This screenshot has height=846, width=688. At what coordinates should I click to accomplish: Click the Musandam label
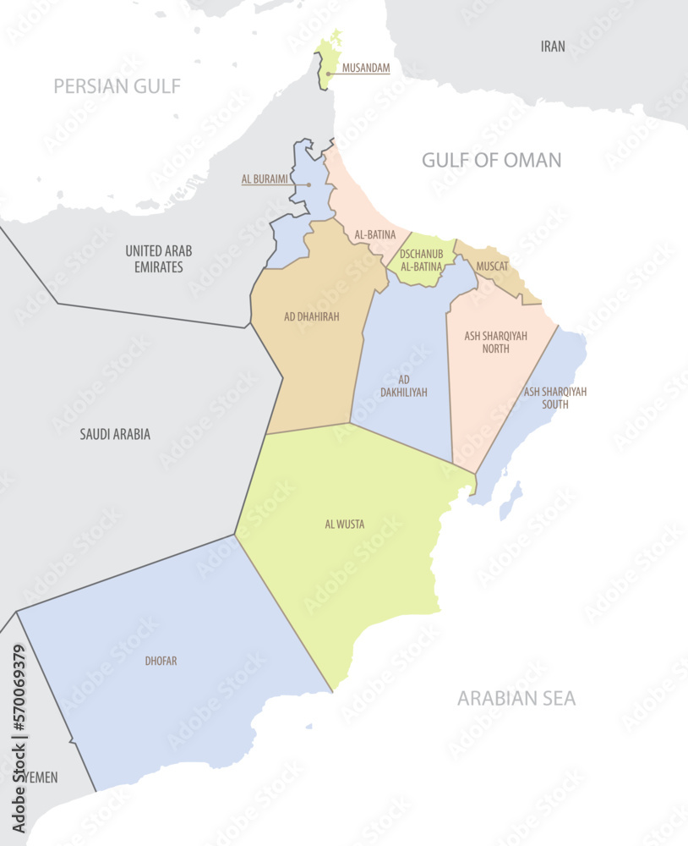(365, 68)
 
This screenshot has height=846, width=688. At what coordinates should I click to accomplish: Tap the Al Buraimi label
(265, 179)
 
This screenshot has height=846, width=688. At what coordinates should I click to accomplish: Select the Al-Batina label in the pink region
(375, 234)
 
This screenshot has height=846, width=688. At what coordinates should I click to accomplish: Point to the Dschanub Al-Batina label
(421, 260)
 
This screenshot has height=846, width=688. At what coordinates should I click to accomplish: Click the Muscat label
(492, 266)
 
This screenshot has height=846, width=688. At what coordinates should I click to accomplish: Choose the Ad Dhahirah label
(311, 316)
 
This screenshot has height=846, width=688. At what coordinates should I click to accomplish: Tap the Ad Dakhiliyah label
(404, 386)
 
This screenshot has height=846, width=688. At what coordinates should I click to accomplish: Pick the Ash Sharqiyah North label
(495, 342)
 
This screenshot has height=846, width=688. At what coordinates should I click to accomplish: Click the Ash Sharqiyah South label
(554, 398)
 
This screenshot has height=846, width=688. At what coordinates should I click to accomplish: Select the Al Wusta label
(345, 525)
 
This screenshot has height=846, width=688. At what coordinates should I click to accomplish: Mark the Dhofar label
(161, 661)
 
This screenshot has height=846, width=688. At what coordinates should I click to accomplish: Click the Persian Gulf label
(117, 85)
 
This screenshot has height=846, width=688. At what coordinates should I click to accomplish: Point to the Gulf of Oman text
(491, 160)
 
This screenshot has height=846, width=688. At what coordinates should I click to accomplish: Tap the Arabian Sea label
(516, 698)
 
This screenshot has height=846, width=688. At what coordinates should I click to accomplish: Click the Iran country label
(553, 47)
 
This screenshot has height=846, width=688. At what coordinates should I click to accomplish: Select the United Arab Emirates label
(159, 259)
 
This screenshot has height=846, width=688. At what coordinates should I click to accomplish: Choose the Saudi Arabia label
(115, 434)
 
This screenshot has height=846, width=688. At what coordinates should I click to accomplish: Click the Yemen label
(41, 777)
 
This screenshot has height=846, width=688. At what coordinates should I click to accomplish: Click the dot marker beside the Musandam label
(328, 74)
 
